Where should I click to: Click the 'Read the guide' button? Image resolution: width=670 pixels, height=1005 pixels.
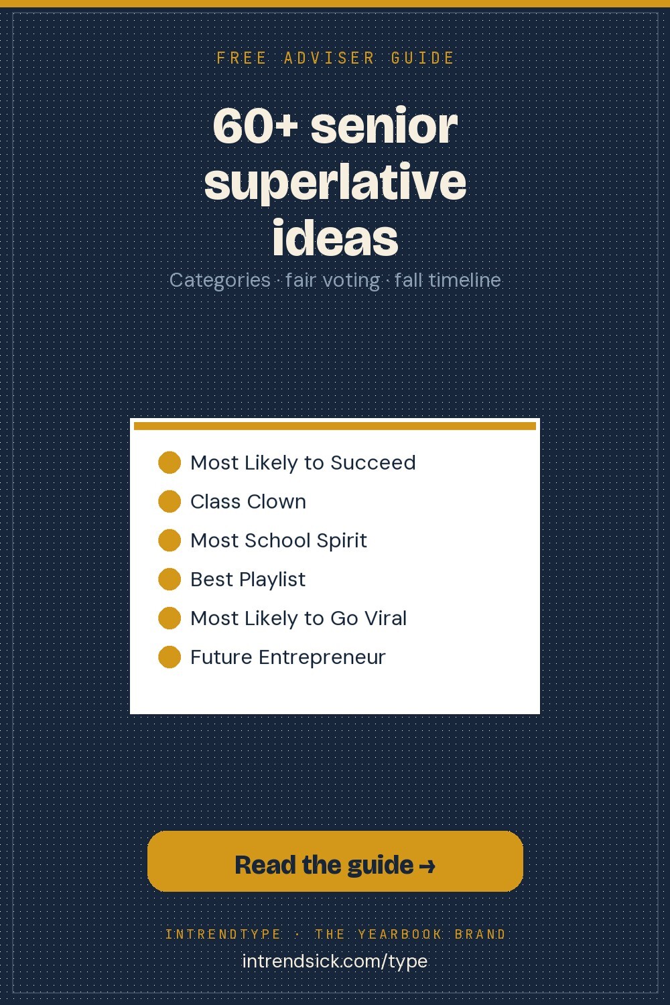pyautogui.click(x=335, y=861)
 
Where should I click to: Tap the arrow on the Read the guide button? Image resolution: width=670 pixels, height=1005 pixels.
pyautogui.click(x=427, y=866)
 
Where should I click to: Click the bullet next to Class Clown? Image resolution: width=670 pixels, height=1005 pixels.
pyautogui.click(x=170, y=501)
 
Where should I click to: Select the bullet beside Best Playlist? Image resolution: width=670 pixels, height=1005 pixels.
pyautogui.click(x=170, y=580)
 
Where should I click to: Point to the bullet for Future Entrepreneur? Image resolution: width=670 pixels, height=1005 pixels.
pyautogui.click(x=170, y=657)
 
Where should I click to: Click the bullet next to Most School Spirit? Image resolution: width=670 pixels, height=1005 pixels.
pyautogui.click(x=170, y=540)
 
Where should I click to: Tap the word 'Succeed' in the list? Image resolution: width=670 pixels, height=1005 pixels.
pyautogui.click(x=373, y=462)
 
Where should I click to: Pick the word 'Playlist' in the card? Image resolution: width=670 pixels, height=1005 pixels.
pyautogui.click(x=273, y=580)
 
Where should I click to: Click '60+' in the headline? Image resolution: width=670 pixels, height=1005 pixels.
pyautogui.click(x=255, y=126)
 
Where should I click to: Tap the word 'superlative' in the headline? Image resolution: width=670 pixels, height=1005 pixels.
pyautogui.click(x=335, y=183)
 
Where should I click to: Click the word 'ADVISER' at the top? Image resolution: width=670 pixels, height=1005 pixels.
pyautogui.click(x=330, y=58)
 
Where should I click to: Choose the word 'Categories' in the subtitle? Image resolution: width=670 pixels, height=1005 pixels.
pyautogui.click(x=220, y=281)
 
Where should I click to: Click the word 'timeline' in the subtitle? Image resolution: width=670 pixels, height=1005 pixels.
pyautogui.click(x=464, y=280)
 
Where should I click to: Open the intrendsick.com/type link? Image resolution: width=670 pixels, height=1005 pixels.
pyautogui.click(x=335, y=961)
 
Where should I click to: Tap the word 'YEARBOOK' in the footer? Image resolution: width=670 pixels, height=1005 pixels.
pyautogui.click(x=400, y=934)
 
